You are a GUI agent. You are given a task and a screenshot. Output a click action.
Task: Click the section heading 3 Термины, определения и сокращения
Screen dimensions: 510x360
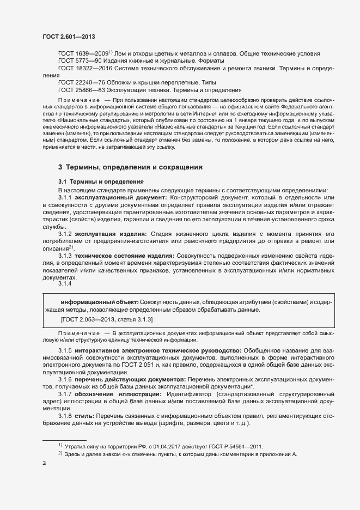coord(130,167)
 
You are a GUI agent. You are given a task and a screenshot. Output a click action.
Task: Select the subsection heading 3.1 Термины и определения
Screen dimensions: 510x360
coord(101,181)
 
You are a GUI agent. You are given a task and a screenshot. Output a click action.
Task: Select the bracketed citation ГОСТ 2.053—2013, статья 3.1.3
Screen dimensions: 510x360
coord(107,320)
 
